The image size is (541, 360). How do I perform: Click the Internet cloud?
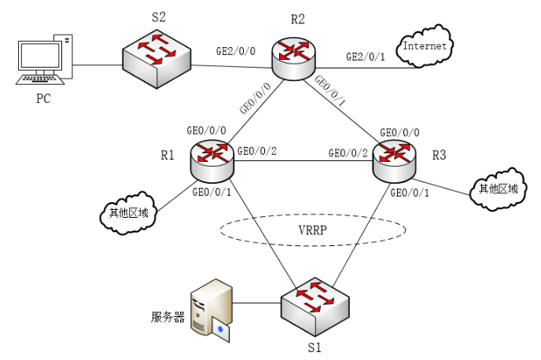point(425,46)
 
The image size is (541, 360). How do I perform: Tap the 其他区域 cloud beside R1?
point(129,212)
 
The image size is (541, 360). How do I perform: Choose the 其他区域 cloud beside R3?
point(498,188)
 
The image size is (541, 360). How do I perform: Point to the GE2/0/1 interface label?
point(366,57)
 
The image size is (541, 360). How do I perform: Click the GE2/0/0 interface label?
point(236,51)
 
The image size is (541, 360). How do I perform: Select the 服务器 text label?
point(167,318)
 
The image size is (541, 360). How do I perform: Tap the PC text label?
point(44,100)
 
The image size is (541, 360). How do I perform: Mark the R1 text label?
point(167,155)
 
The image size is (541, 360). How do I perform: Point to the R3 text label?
point(439,155)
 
